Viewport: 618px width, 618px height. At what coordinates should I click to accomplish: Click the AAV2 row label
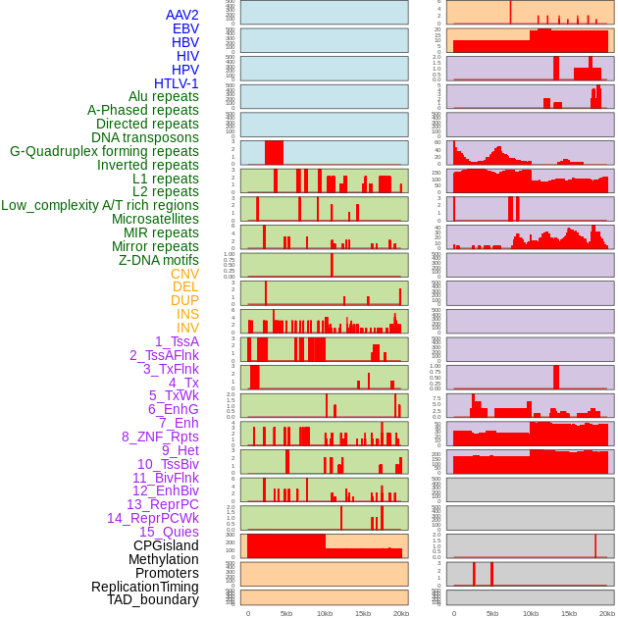pyautogui.click(x=182, y=15)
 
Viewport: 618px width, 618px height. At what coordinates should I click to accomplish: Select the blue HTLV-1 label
pyautogui.click(x=177, y=83)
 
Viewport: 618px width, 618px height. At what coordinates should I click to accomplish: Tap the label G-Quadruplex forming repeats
pyautogui.click(x=104, y=151)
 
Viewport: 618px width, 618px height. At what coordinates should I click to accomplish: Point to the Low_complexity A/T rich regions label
pyautogui.click(x=100, y=205)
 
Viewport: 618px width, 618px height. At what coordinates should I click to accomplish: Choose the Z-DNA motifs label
pyautogui.click(x=159, y=260)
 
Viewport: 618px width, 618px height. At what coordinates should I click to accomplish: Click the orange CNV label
pyautogui.click(x=184, y=274)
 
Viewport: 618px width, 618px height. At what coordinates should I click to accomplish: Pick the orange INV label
pyautogui.click(x=187, y=328)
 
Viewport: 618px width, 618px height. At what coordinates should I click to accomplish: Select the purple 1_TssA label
pyautogui.click(x=177, y=341)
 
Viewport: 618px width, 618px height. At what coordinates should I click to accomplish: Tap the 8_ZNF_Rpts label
pyautogui.click(x=160, y=437)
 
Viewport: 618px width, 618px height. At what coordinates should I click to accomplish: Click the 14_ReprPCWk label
pyautogui.click(x=153, y=518)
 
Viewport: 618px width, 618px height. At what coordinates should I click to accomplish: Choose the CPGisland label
pyautogui.click(x=166, y=545)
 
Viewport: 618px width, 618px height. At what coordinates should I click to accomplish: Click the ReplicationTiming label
pyautogui.click(x=145, y=587)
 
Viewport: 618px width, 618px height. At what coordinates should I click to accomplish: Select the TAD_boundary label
pyautogui.click(x=153, y=599)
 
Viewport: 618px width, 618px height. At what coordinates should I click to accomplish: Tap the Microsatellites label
pyautogui.click(x=155, y=219)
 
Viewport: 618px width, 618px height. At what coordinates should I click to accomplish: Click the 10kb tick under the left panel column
pyautogui.click(x=325, y=613)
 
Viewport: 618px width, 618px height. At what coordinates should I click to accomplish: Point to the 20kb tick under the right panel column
pyautogui.click(x=607, y=613)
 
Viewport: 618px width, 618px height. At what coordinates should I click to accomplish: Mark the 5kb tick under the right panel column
pyautogui.click(x=491, y=613)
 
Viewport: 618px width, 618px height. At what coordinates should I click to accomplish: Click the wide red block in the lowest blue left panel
pyautogui.click(x=275, y=153)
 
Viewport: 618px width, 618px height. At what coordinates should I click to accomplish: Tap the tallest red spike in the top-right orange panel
pyautogui.click(x=510, y=12)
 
